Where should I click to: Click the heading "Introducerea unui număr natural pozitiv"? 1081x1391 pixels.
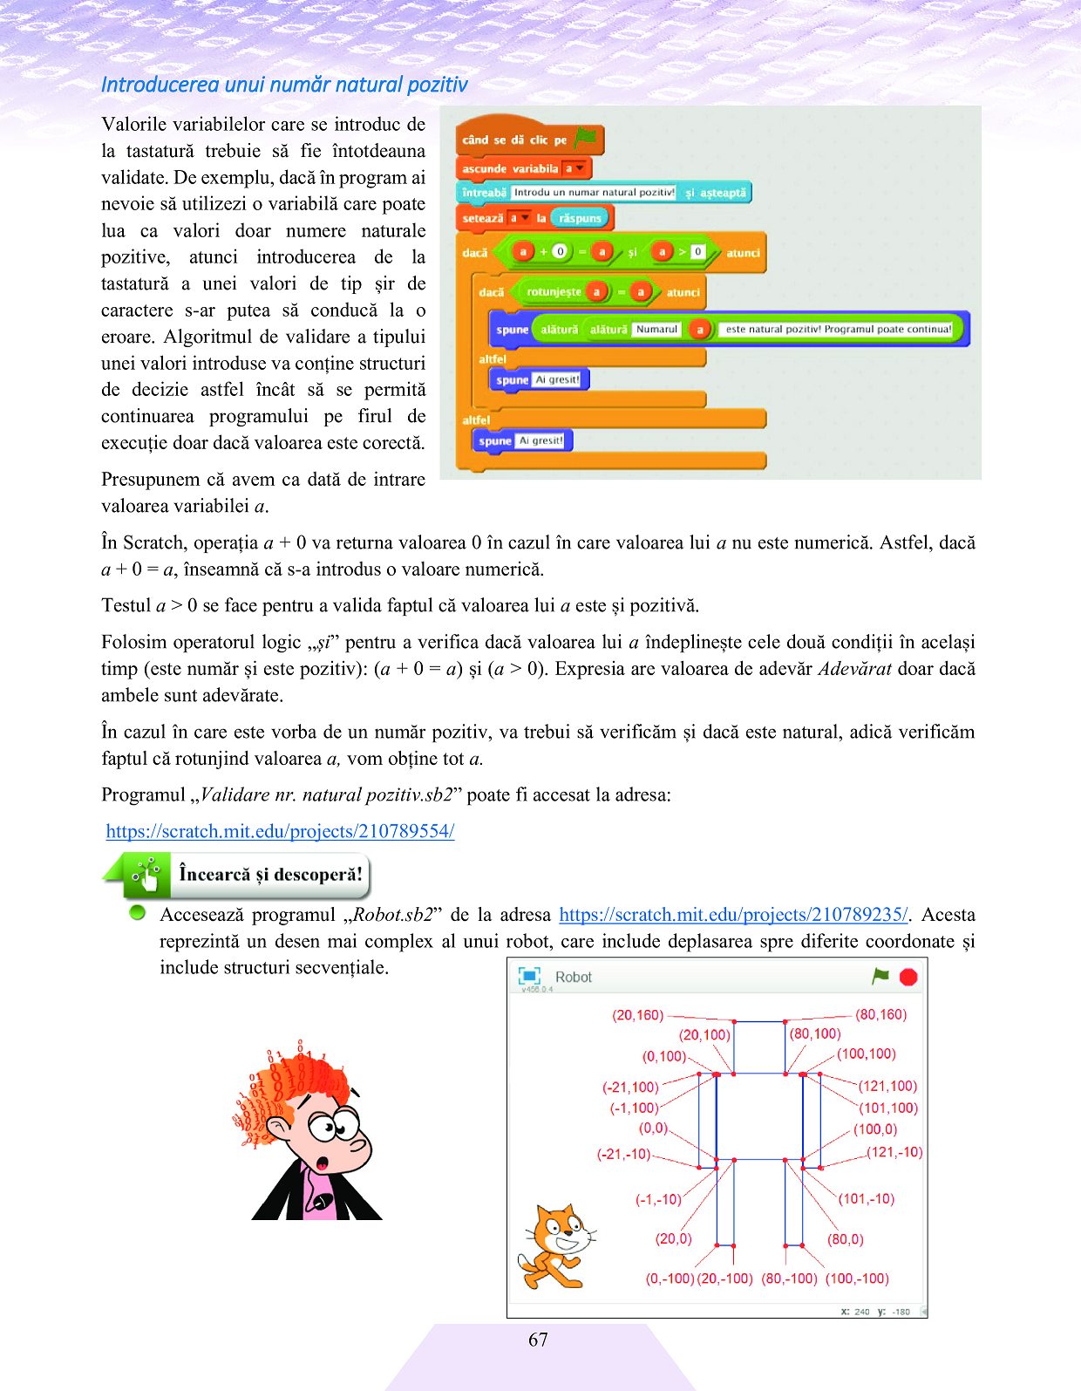coord(284,85)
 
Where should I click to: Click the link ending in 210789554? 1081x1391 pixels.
coord(280,831)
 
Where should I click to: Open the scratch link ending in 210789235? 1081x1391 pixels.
coord(733,915)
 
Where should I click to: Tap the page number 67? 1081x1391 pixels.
coord(538,1340)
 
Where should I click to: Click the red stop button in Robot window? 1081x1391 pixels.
coord(908,977)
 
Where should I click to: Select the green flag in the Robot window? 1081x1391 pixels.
coord(880,976)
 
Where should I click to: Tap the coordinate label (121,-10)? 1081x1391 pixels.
coord(894,1152)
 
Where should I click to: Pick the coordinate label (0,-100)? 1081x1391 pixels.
coord(670,1278)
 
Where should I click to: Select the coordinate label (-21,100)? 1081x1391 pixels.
coord(630,1088)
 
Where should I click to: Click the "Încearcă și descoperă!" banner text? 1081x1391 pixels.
coord(270,874)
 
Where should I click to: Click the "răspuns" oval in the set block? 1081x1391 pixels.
coord(580,218)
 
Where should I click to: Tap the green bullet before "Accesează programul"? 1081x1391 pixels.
coord(137,913)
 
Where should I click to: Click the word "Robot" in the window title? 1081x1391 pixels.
coord(573,977)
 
